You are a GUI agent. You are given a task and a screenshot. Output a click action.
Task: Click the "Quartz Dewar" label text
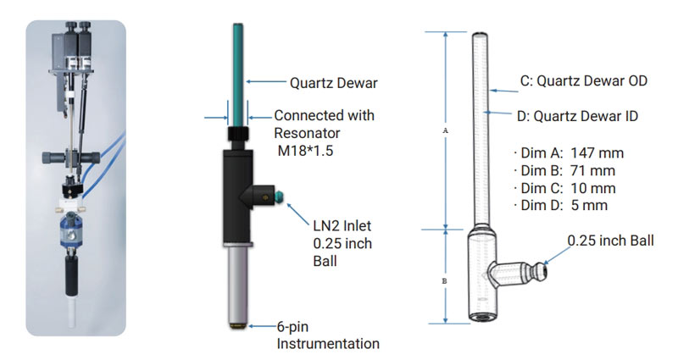(x=332, y=82)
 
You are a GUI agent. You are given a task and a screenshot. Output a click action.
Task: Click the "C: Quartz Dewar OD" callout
(x=583, y=81)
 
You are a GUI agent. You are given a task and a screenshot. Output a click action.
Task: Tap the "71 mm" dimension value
(x=595, y=170)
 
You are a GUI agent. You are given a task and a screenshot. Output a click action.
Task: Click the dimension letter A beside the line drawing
(x=446, y=131)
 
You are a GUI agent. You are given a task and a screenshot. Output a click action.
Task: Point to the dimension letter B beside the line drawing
(x=446, y=277)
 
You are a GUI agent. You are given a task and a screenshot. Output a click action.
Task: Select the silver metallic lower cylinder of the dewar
(x=239, y=284)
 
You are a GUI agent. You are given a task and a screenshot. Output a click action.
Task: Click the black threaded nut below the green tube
(x=238, y=137)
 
